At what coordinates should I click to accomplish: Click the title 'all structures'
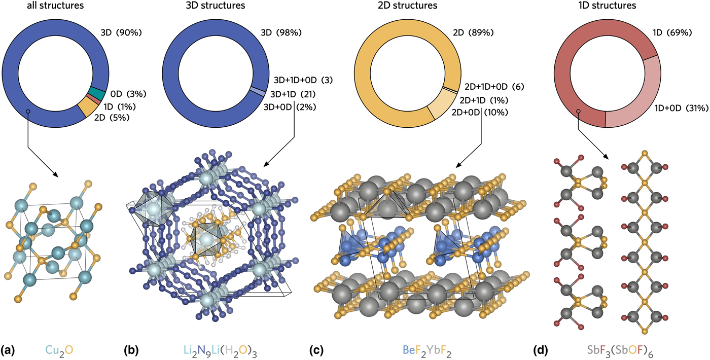[55, 6]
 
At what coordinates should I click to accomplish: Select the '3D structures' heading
[216, 6]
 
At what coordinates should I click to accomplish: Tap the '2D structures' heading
[408, 6]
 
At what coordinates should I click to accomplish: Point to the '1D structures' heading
[608, 6]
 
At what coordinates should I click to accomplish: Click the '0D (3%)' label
[128, 94]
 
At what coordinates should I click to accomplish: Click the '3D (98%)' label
[281, 32]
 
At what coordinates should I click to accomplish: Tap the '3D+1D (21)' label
[293, 94]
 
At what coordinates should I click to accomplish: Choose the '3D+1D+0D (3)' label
[303, 80]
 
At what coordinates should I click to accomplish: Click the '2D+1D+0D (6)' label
[494, 87]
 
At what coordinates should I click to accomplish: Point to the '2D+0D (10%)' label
[480, 113]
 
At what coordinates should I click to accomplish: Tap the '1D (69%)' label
[672, 32]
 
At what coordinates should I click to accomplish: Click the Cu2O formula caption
[59, 350]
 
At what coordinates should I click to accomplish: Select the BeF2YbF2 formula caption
[427, 350]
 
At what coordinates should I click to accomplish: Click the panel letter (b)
[131, 350]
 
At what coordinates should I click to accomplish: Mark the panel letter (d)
[541, 350]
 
